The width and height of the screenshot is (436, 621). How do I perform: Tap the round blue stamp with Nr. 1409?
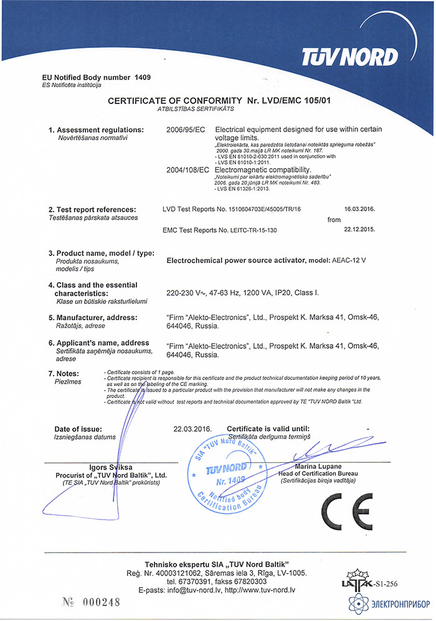tap(230, 475)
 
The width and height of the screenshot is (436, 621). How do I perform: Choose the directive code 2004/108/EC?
tap(189, 169)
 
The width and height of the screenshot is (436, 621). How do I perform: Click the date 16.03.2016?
tap(363, 210)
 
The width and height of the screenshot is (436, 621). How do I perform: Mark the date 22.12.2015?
tap(363, 230)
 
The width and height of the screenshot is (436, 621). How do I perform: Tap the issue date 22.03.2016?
tap(193, 429)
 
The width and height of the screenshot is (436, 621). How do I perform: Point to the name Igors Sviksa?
tap(111, 467)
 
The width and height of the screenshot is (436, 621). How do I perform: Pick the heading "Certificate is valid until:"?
tap(268, 429)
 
